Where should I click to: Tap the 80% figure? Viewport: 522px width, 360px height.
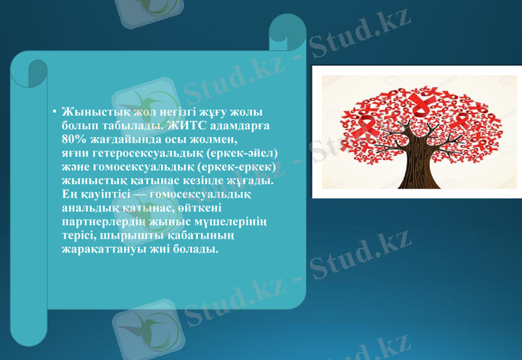(x=73, y=139)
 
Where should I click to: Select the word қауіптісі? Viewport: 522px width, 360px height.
(x=108, y=194)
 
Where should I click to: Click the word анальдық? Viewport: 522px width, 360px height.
(x=87, y=208)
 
